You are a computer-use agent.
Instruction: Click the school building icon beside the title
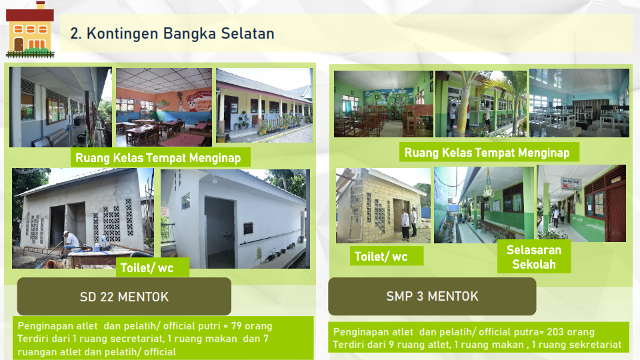coord(30,29)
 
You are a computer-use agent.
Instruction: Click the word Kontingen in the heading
coord(123,33)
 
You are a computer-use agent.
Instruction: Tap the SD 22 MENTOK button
coord(124,296)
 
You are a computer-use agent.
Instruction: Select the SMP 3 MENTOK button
coord(432,296)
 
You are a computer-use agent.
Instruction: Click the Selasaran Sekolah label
coord(534,257)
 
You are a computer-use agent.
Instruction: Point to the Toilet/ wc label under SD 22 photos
coord(147,268)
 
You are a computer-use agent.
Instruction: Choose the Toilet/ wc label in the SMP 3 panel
coord(381,256)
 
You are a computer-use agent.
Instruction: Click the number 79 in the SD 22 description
coord(236,326)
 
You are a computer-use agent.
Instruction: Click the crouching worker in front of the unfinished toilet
coord(71,243)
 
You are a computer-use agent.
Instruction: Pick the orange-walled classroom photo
coord(164,107)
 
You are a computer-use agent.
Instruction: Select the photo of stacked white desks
coord(579,103)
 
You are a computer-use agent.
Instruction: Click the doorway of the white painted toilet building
coord(219,231)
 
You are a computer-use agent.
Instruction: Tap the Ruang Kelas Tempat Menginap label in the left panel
coord(158,158)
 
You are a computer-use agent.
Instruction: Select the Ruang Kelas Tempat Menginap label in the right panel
coord(487,153)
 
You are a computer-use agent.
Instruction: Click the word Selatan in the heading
coord(248,33)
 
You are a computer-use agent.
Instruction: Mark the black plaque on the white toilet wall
coord(248,228)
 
